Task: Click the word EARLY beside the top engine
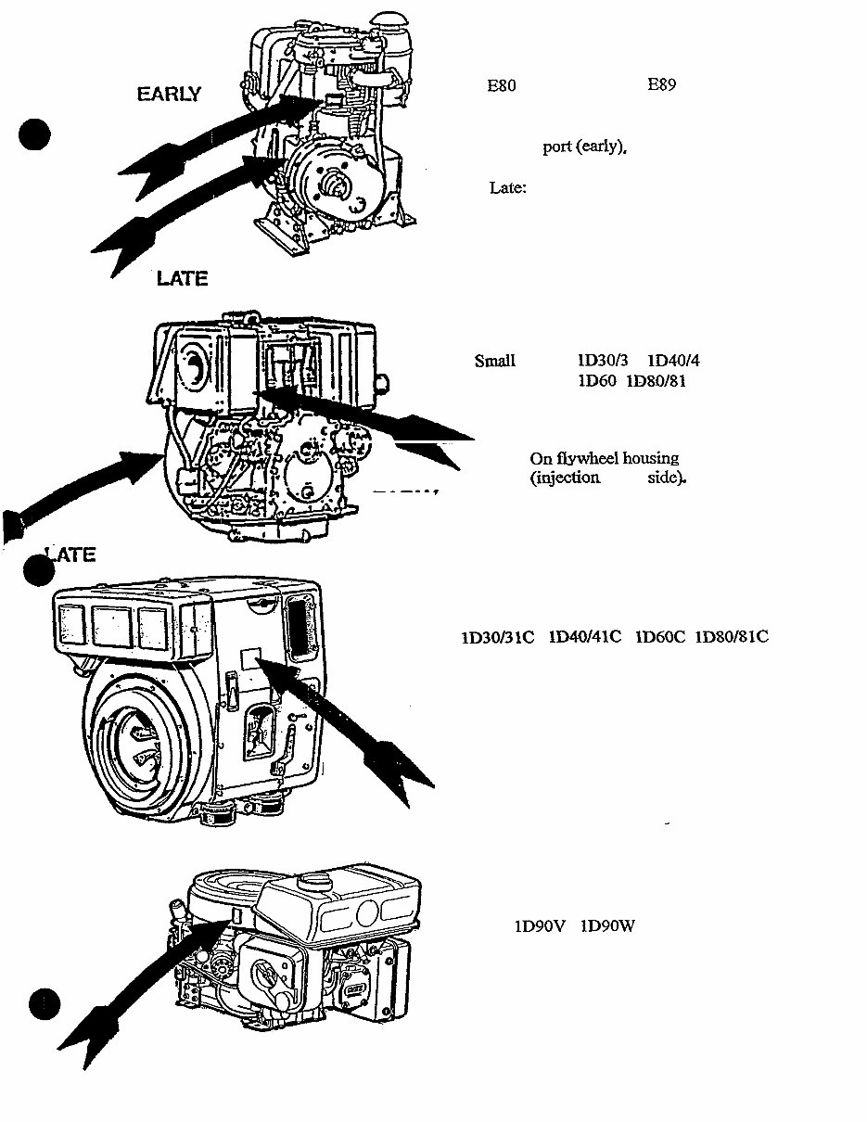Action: (x=169, y=95)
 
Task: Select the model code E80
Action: (x=502, y=86)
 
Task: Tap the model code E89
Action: (x=661, y=85)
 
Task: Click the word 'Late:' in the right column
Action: (x=508, y=188)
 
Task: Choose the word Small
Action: (x=494, y=362)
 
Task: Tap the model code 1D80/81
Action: (x=657, y=381)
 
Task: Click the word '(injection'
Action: (x=565, y=478)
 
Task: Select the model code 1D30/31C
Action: (x=498, y=637)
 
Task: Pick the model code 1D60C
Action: (x=659, y=637)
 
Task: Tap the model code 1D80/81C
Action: (x=731, y=637)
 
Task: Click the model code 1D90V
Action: (x=540, y=925)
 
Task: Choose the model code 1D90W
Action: (x=607, y=925)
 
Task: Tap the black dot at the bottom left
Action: (x=44, y=1003)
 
